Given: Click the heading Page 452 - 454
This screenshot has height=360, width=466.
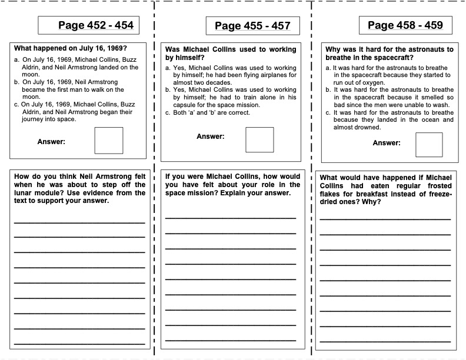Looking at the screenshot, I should pyautogui.click(x=96, y=25).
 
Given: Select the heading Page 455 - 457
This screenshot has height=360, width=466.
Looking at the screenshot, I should pyautogui.click(x=252, y=26).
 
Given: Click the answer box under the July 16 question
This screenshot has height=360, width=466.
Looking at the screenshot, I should pyautogui.click(x=109, y=141).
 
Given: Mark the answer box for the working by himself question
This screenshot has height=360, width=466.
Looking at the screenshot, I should pyautogui.click(x=259, y=140).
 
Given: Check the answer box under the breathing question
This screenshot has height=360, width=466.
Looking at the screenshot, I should pyautogui.click(x=429, y=145).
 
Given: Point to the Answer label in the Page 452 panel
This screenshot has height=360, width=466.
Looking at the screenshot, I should pyautogui.click(x=51, y=141).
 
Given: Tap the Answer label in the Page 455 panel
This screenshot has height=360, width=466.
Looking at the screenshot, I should pyautogui.click(x=211, y=136).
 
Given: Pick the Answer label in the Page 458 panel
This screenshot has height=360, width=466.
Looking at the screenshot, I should pyautogui.click(x=387, y=143).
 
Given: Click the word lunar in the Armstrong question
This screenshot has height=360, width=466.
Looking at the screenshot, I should pyautogui.click(x=25, y=192).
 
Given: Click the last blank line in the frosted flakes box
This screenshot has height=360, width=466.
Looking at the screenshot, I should pyautogui.click(x=385, y=340).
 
